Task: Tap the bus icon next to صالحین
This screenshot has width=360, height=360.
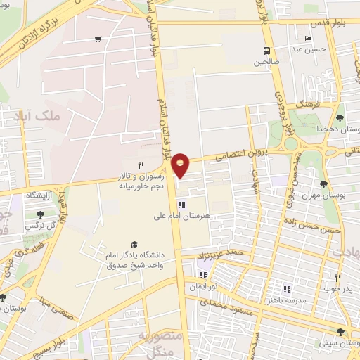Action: pos(266,51)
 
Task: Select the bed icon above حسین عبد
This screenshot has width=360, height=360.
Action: pos(307,39)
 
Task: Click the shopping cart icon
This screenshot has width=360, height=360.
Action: pos(96,39)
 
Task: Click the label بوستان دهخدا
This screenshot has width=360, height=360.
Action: pos(340,129)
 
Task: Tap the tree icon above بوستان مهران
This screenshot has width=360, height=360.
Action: pos(323,184)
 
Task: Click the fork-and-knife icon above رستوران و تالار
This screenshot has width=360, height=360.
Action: pos(141,165)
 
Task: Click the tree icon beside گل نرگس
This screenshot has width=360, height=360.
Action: pos(38,214)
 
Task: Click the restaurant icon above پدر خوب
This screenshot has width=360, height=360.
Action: pos(337,278)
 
